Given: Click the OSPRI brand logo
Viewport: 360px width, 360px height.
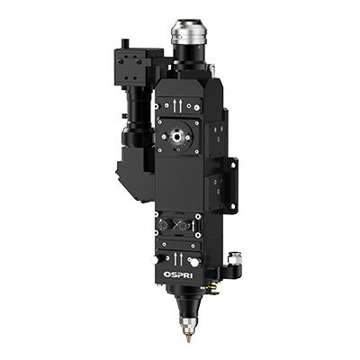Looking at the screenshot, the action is coord(178,274).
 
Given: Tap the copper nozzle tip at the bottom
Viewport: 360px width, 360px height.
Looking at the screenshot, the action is coord(188,338).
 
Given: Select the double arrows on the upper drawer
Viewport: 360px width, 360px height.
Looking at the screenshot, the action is coord(177,106).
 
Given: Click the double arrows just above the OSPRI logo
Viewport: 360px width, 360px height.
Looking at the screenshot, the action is coord(178,259).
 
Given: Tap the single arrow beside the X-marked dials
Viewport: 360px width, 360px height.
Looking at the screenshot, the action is coord(193,226).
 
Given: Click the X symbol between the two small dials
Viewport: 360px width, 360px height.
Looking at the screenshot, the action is coord(177,225).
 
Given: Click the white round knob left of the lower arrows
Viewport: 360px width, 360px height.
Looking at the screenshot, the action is coord(155,260).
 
